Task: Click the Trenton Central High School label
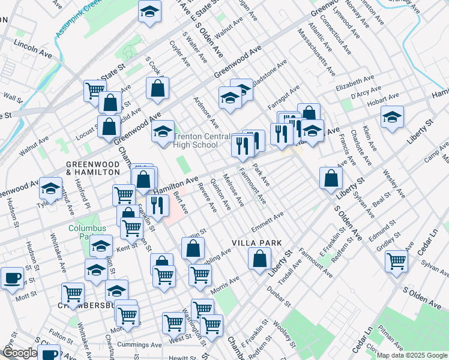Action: click(196, 140)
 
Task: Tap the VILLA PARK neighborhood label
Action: click(258, 243)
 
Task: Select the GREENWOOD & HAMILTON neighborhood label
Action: click(93, 167)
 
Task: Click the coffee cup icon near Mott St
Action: click(12, 278)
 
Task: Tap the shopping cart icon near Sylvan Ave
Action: click(397, 261)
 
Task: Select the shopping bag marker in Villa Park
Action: click(259, 259)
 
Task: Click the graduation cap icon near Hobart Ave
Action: click(392, 116)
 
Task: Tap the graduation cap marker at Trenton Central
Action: click(162, 131)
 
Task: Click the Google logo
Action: click(19, 352)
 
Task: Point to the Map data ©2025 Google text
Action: click(411, 355)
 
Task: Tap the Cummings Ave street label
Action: click(141, 344)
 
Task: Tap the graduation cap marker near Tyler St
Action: click(51, 188)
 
